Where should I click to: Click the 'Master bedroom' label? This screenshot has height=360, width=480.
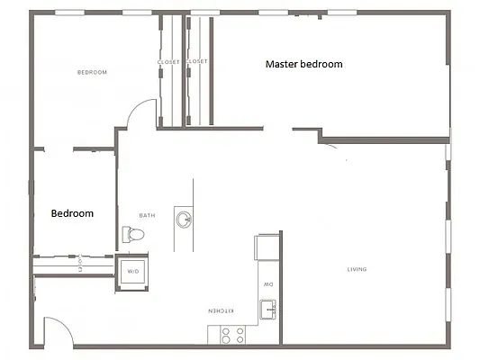(x=303, y=65)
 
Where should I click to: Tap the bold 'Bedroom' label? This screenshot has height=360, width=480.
(x=72, y=213)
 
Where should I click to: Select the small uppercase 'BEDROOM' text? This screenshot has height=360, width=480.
(x=92, y=72)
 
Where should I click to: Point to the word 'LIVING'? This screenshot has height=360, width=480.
(x=358, y=269)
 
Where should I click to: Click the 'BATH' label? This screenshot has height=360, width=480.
(x=147, y=215)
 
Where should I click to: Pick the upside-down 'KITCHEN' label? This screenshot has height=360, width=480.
(x=222, y=310)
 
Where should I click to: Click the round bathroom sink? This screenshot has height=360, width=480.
(x=184, y=219)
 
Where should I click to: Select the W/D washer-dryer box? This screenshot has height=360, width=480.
(x=133, y=271)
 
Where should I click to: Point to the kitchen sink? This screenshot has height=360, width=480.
(x=268, y=310)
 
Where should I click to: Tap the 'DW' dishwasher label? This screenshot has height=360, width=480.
(x=268, y=284)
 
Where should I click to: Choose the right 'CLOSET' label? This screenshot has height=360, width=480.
(x=197, y=61)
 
